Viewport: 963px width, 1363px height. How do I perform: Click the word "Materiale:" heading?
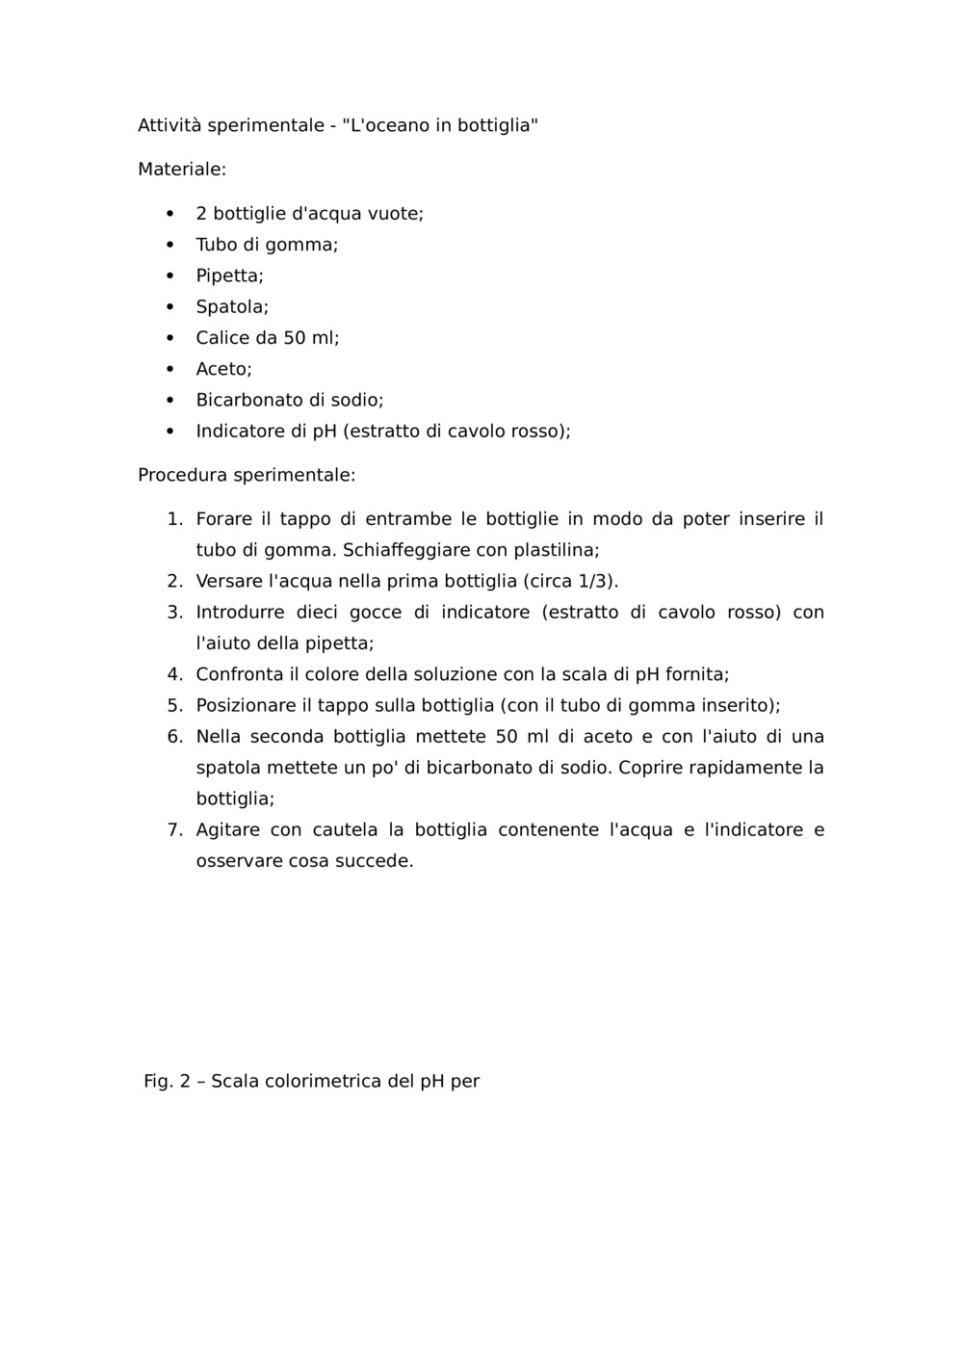pyautogui.click(x=182, y=170)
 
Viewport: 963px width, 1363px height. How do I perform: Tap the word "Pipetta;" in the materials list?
pyautogui.click(x=229, y=275)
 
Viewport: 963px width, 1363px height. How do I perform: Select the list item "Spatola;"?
pyautogui.click(x=232, y=307)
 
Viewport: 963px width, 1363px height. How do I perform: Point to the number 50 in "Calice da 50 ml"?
pyautogui.click(x=295, y=338)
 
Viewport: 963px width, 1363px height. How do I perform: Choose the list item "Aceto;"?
pyautogui.click(x=223, y=369)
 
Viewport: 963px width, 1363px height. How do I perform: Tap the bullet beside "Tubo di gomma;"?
pyautogui.click(x=169, y=245)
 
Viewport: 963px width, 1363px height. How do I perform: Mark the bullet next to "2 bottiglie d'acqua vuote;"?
pyautogui.click(x=169, y=214)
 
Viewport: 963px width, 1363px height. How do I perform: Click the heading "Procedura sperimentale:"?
pyautogui.click(x=247, y=475)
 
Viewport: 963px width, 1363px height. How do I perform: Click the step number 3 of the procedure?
pyautogui.click(x=174, y=613)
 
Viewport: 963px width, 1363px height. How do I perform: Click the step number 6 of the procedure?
pyautogui.click(x=174, y=737)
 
